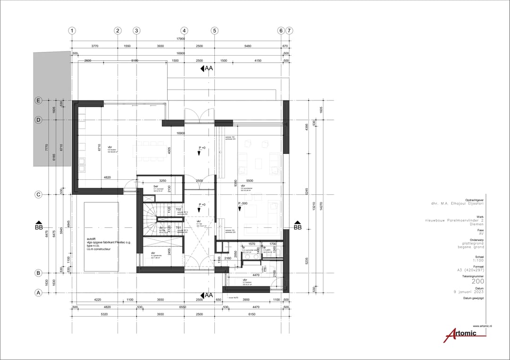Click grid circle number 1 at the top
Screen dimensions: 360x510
[72, 31]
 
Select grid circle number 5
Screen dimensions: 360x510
[214, 31]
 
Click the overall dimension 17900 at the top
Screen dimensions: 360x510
[180, 39]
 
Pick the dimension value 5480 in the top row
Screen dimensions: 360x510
[248, 46]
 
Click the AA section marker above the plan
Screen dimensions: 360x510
[206, 68]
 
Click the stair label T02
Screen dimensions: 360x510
[179, 209]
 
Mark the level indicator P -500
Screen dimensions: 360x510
[243, 203]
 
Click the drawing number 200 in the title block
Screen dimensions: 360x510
[478, 281]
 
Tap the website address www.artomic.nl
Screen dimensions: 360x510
[482, 326]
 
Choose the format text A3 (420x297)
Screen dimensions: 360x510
[470, 270]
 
